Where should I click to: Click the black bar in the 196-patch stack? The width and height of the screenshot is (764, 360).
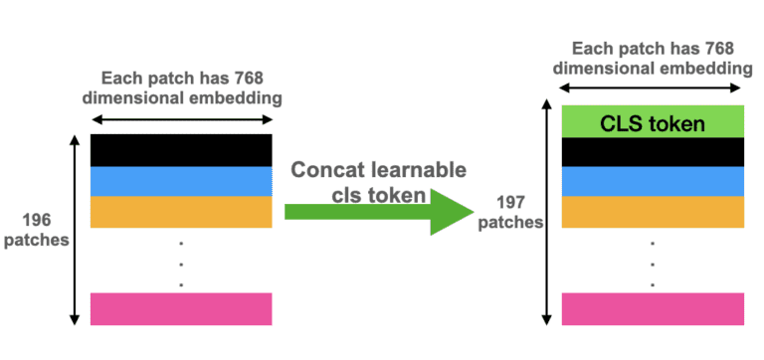click(x=181, y=149)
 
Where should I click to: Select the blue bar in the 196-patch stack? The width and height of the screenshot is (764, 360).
click(x=181, y=180)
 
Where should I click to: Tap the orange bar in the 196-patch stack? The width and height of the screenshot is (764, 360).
click(x=181, y=211)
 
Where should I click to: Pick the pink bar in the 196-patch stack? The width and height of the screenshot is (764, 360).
click(x=181, y=308)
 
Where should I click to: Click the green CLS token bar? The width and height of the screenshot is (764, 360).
click(x=653, y=122)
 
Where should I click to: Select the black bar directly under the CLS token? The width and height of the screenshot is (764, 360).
click(x=653, y=151)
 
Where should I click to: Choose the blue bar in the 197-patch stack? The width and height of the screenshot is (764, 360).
click(x=653, y=180)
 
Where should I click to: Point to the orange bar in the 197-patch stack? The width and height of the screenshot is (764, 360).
click(x=653, y=210)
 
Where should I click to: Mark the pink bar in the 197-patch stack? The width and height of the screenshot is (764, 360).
click(x=653, y=309)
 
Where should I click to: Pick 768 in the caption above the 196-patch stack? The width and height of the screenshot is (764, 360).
click(x=253, y=78)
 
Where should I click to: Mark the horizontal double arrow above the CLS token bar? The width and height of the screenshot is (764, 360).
click(x=653, y=90)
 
